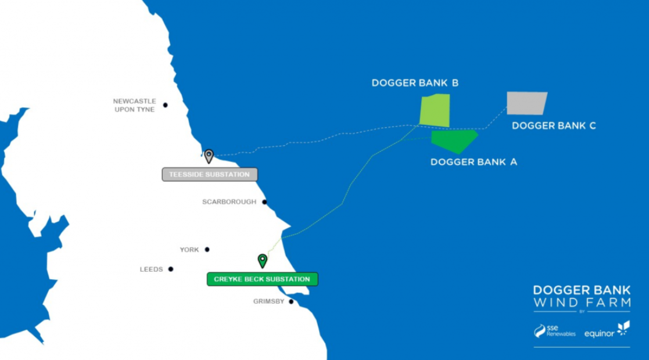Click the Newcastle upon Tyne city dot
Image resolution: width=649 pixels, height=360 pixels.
click(x=166, y=105)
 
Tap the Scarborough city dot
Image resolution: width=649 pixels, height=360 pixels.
click(x=264, y=202)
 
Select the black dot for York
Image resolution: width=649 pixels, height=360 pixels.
click(x=207, y=250)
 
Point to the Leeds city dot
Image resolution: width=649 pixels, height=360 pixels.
click(x=171, y=269)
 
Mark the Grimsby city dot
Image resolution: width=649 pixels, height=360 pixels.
click(x=291, y=302)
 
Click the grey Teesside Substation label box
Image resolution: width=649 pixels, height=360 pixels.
click(x=209, y=175)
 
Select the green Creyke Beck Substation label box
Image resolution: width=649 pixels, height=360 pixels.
click(x=262, y=279)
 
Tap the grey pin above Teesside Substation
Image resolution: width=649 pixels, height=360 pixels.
click(x=209, y=156)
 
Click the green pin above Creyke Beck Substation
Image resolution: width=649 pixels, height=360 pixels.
click(x=262, y=260)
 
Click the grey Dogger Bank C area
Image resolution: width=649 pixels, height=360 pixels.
click(x=526, y=103)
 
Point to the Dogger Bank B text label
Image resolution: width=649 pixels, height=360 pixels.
click(x=415, y=83)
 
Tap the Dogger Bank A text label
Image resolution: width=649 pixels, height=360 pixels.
click(x=474, y=162)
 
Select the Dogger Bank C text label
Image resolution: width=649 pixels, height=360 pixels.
click(x=554, y=125)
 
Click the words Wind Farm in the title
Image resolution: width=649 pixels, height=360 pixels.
click(x=582, y=303)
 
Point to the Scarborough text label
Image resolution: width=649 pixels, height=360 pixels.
click(x=229, y=202)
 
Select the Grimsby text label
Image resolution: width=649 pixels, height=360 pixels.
click(x=269, y=302)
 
